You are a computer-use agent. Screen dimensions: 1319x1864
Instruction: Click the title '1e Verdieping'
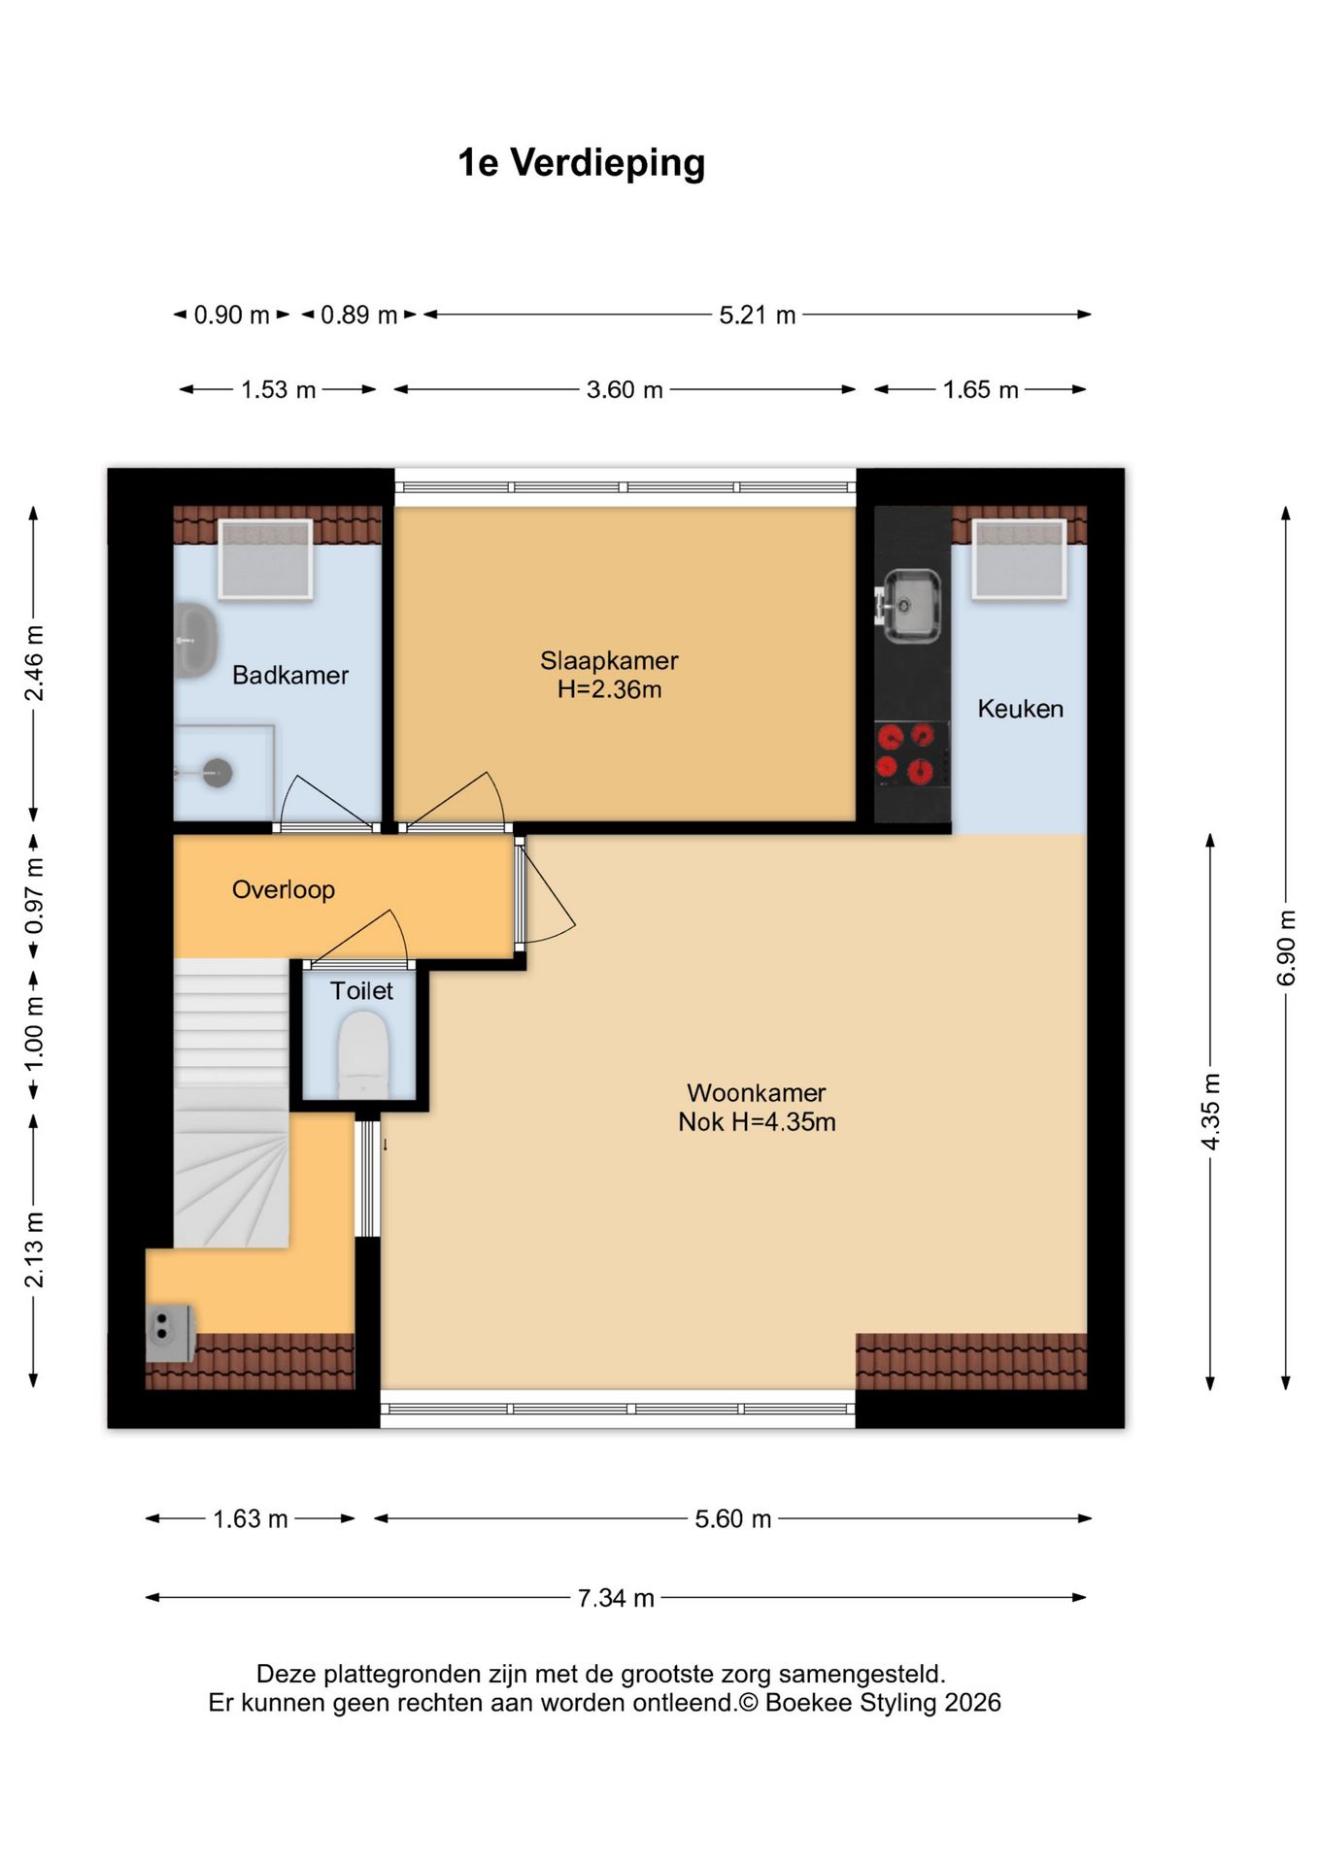coord(581,163)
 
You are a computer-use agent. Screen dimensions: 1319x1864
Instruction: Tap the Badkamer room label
coord(289,675)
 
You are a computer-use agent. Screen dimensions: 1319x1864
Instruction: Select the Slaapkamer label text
coord(609,660)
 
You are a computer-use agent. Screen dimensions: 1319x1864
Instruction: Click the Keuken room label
coord(1020,709)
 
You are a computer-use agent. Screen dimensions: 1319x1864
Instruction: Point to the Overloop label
coord(284,889)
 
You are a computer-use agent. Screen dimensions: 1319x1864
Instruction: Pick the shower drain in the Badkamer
coord(218,773)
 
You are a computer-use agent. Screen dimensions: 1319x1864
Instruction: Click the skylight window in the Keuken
coord(1020,559)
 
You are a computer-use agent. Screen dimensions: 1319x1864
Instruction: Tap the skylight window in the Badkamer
coord(265,559)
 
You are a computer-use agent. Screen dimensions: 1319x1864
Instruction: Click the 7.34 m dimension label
coord(616,1598)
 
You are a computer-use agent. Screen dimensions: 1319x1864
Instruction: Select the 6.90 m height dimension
coord(1286,947)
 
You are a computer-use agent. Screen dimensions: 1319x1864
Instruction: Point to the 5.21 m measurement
coord(758,315)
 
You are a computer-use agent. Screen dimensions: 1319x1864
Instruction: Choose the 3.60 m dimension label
coord(625,389)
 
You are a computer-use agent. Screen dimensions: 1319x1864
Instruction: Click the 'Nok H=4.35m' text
coord(757,1122)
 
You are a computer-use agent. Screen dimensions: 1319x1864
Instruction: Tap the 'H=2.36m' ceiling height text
coord(609,689)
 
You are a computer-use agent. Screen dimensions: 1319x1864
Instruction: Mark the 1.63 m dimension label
coord(251,1518)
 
